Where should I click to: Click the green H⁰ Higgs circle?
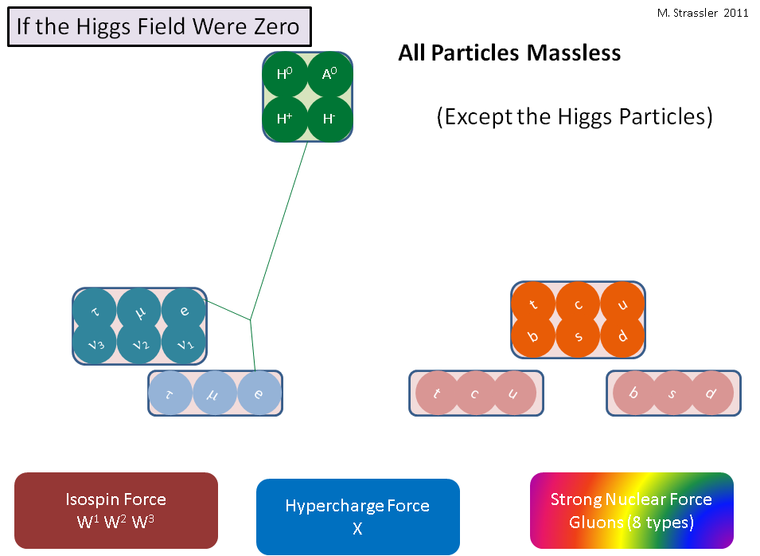pyautogui.click(x=285, y=74)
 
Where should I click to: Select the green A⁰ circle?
pyautogui.click(x=329, y=74)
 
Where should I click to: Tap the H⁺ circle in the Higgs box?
pyautogui.click(x=285, y=119)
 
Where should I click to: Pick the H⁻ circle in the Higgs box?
pyautogui.click(x=329, y=119)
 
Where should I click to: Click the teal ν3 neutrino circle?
pyautogui.click(x=95, y=344)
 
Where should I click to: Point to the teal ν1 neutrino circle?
pyautogui.click(x=184, y=344)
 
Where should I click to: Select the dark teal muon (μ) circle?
pyautogui.click(x=139, y=311)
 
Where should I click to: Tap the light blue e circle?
pyautogui.click(x=259, y=393)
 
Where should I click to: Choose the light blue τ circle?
pyautogui.click(x=170, y=393)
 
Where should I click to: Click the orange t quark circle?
pyautogui.click(x=533, y=304)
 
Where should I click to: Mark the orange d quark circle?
pyautogui.click(x=622, y=335)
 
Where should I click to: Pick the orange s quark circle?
pyautogui.click(x=578, y=335)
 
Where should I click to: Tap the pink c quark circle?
pyautogui.click(x=475, y=393)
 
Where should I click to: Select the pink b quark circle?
pyautogui.click(x=634, y=393)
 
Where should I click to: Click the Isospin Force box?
pyautogui.click(x=116, y=511)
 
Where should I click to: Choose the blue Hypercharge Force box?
pyautogui.click(x=357, y=517)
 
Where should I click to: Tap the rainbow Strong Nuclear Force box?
pyautogui.click(x=632, y=511)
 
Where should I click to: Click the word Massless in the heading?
pyautogui.click(x=574, y=53)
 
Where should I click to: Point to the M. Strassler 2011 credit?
pyautogui.click(x=703, y=13)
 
